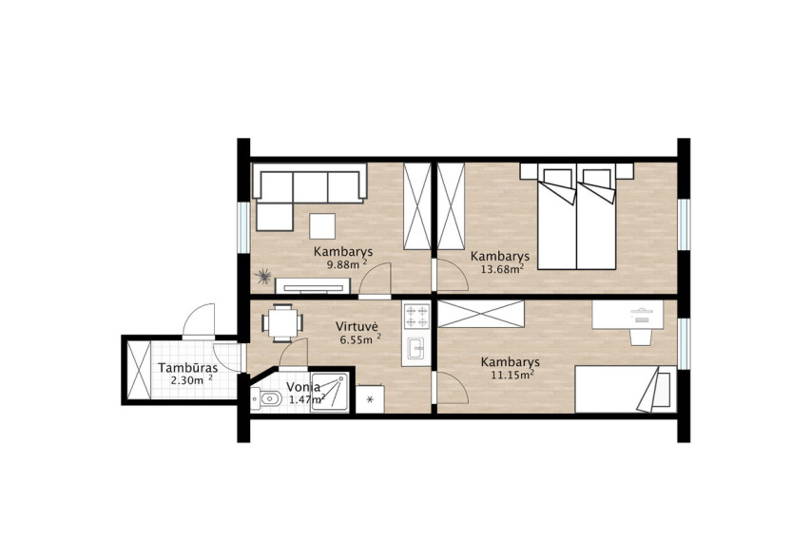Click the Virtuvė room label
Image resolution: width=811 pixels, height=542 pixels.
[x=357, y=326]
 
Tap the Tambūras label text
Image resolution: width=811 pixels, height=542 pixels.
[x=187, y=368]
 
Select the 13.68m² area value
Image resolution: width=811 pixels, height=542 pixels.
[x=502, y=268]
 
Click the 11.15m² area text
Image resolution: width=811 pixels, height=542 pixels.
[x=512, y=375]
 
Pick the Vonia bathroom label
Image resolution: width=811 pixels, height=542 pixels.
[x=303, y=387]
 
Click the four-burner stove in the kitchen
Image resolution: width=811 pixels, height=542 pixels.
[x=416, y=316]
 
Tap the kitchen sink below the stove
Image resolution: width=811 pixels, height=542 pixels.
[x=415, y=348]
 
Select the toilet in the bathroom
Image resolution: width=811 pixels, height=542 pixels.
[x=266, y=398]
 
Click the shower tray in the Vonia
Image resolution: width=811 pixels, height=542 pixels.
[x=330, y=393]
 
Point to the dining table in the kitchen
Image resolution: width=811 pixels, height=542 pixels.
[x=281, y=323]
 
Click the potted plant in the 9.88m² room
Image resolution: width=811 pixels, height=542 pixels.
[x=264, y=276]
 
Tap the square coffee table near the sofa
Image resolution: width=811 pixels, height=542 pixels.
[x=322, y=225]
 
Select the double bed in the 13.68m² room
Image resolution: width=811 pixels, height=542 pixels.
[x=577, y=216]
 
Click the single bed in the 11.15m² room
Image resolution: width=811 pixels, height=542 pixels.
[x=626, y=390]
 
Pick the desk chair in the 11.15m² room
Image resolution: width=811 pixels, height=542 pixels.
[x=640, y=337]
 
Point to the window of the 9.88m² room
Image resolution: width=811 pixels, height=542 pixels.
[x=243, y=227]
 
